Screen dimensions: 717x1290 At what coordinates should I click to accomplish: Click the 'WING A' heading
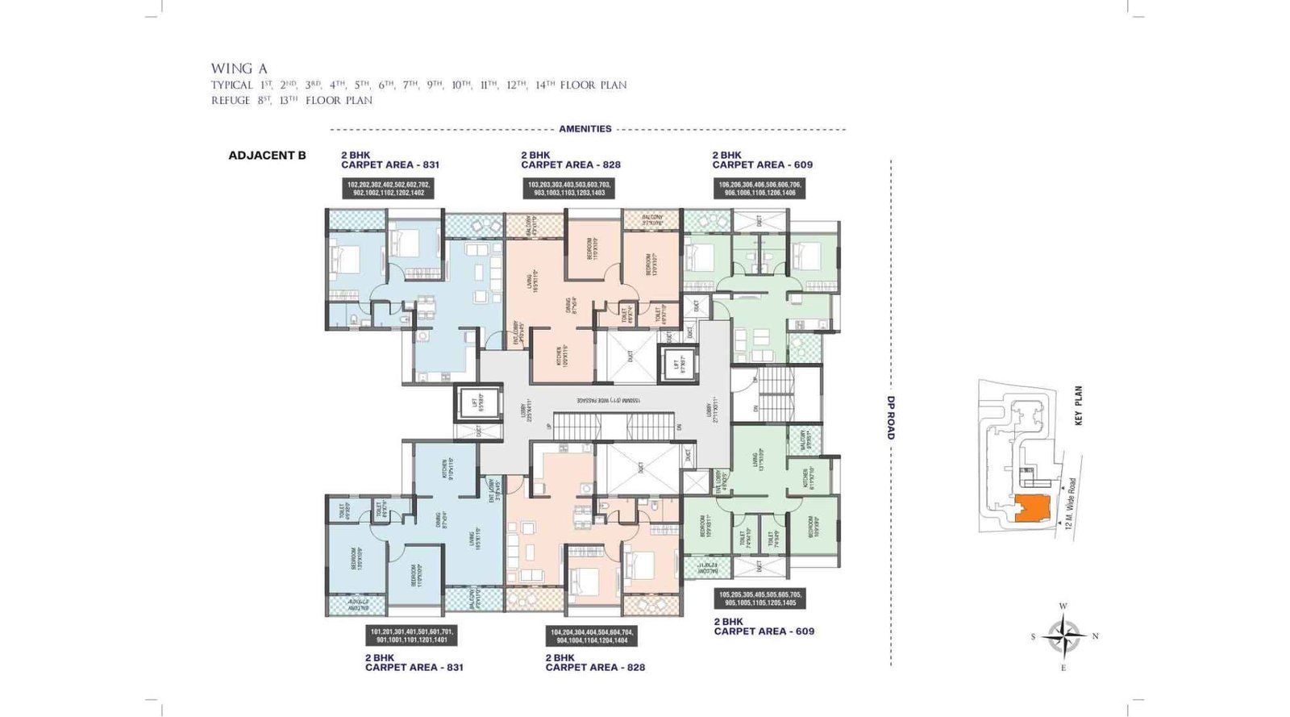[239, 69]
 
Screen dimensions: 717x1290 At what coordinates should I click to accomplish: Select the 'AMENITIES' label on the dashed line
[585, 129]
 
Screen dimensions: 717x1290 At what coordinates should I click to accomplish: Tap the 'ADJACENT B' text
[267, 156]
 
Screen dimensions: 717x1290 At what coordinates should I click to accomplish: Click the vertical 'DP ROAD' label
[891, 418]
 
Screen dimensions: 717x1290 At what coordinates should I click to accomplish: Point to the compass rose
[1063, 636]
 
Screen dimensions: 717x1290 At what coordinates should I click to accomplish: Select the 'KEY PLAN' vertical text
[1078, 405]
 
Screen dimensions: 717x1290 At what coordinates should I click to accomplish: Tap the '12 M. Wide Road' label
[1070, 504]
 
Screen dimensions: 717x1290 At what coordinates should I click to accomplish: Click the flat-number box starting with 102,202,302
[389, 189]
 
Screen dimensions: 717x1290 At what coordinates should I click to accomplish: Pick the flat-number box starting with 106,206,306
[759, 189]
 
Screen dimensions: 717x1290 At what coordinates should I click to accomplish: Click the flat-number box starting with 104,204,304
[591, 636]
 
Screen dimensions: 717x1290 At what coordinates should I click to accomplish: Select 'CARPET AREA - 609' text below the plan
[764, 632]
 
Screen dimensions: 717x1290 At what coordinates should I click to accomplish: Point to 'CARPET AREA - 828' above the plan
[571, 165]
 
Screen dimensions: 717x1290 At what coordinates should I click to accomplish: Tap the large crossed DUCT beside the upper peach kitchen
[630, 356]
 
